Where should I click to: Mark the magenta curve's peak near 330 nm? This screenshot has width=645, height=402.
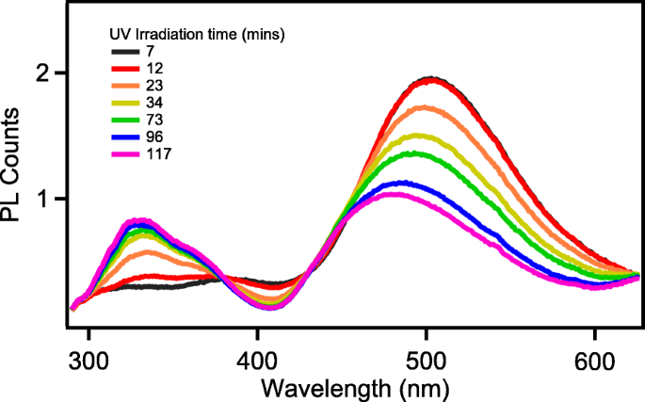pyautogui.click(x=138, y=221)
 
